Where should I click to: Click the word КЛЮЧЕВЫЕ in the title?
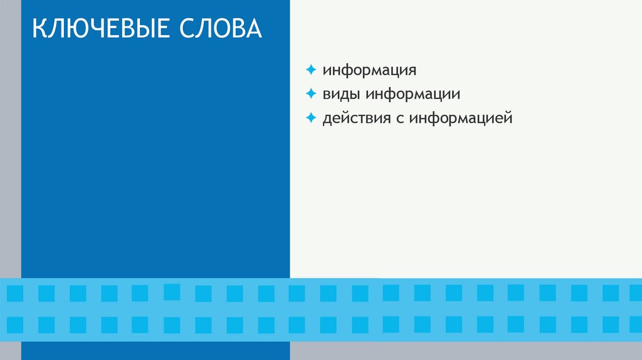(x=103, y=29)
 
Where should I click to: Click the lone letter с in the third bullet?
(x=399, y=119)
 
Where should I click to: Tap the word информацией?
(x=461, y=118)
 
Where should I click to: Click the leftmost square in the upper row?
(x=15, y=294)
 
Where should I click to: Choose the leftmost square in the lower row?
(x=15, y=325)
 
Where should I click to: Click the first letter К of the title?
(x=39, y=29)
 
